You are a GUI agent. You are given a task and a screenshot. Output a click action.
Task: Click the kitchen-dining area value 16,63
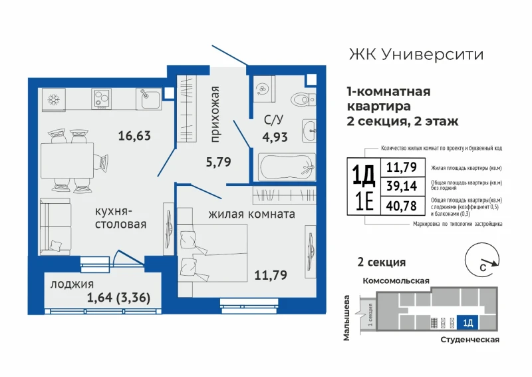[134, 136]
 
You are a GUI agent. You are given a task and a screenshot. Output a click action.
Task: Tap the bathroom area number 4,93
[275, 137]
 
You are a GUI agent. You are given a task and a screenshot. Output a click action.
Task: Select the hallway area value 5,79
[219, 162]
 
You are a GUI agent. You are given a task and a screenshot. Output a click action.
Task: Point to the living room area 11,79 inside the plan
[271, 274]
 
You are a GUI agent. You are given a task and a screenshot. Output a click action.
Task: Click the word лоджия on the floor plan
[72, 284]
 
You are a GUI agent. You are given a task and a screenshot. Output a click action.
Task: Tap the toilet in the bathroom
[303, 99]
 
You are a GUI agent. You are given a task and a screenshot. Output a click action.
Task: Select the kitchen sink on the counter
[148, 99]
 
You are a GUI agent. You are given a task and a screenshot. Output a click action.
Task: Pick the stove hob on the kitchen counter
[102, 99]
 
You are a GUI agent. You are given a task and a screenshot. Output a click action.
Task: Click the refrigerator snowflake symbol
[53, 100]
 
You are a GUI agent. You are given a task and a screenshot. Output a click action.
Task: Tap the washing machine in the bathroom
[264, 89]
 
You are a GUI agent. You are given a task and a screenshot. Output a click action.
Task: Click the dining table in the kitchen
[67, 161]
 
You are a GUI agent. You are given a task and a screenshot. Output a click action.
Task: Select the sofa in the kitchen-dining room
[55, 226]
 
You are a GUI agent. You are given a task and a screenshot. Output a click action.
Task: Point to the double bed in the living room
[213, 253]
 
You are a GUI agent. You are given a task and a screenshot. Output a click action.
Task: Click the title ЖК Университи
[416, 55]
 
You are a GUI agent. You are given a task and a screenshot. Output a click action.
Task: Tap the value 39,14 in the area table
[402, 187]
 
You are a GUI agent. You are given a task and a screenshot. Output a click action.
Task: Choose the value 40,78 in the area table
[402, 206]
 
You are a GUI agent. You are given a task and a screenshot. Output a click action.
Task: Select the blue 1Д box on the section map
[467, 322]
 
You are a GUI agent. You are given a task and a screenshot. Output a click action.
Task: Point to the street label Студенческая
[470, 340]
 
